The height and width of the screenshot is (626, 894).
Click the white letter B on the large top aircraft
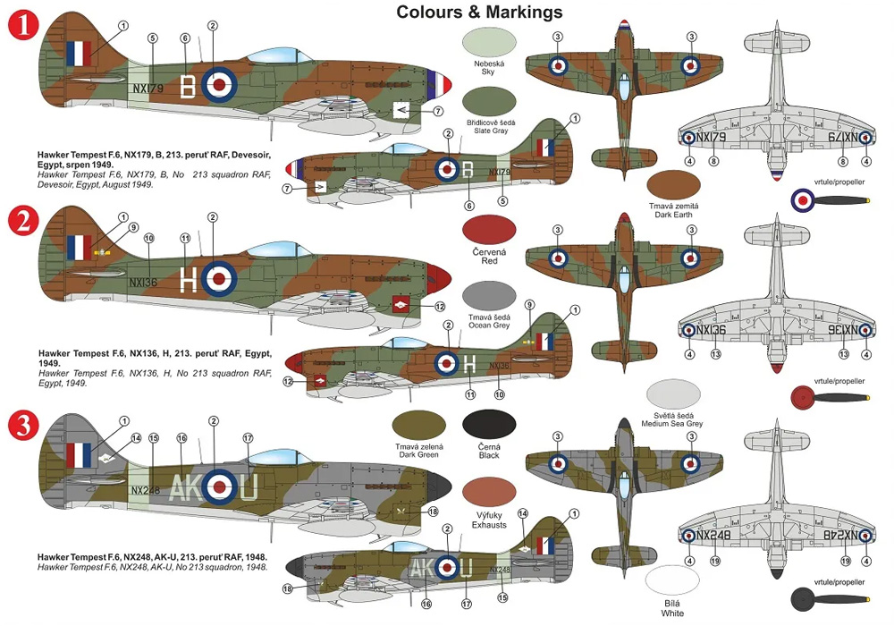click(188, 86)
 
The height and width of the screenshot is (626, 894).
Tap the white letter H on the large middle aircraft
click(188, 280)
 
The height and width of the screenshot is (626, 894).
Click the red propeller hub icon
click(802, 396)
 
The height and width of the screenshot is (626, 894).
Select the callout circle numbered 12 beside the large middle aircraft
click(439, 307)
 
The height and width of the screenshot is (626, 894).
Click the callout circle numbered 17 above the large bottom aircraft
click(248, 437)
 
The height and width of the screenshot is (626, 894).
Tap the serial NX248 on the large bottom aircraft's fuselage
click(146, 490)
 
